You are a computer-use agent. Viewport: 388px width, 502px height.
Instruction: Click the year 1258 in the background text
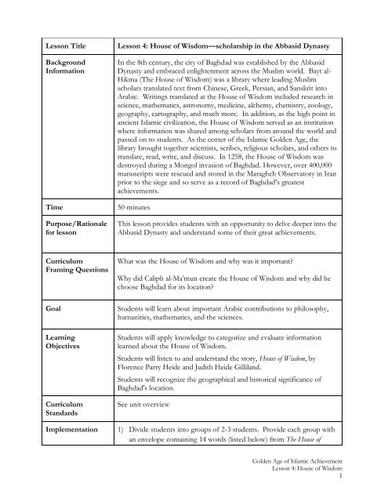click(238, 157)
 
